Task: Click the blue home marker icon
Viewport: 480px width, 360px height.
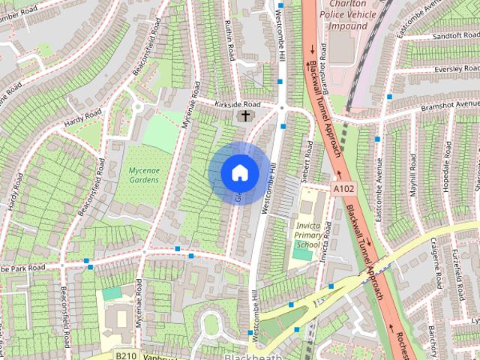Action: click(x=239, y=172)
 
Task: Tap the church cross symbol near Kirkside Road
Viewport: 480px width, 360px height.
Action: click(x=245, y=116)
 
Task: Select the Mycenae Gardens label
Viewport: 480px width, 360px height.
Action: click(x=142, y=175)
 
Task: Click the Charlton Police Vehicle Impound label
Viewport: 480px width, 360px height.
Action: click(x=349, y=15)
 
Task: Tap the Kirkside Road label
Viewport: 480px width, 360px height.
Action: click(x=236, y=104)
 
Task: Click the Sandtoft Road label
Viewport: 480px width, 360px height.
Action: click(x=445, y=35)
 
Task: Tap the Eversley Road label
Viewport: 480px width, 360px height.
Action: click(x=450, y=67)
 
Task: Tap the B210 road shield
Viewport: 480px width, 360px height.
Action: click(x=125, y=354)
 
